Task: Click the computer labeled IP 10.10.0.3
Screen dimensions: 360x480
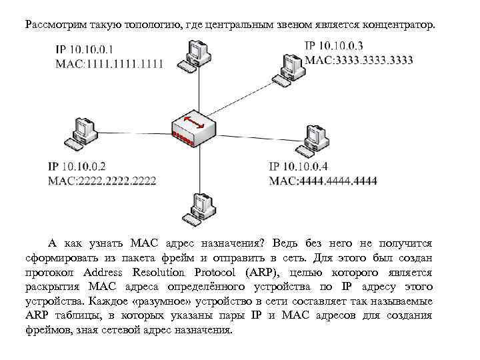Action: click(x=291, y=65)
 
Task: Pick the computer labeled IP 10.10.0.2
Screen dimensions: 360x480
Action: click(x=79, y=133)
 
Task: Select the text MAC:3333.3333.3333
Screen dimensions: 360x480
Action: click(x=358, y=59)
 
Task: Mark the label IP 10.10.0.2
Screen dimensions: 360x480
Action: click(x=77, y=166)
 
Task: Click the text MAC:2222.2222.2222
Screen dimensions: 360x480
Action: click(x=101, y=180)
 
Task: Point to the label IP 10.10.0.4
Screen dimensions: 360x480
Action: click(x=298, y=166)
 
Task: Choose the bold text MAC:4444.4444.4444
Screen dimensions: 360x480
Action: click(x=323, y=180)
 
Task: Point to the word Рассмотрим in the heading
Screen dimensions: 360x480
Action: click(x=53, y=25)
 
